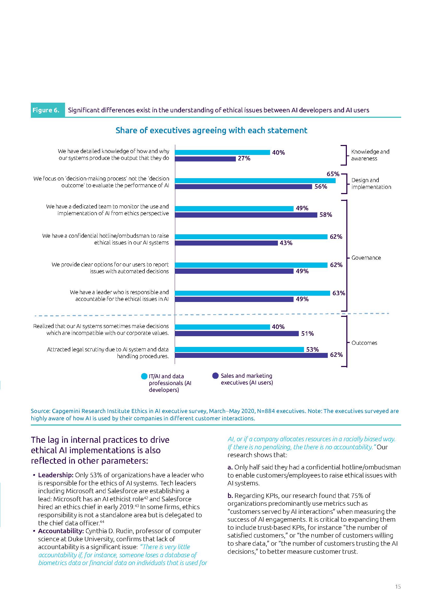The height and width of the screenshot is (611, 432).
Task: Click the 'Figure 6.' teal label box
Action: [48, 110]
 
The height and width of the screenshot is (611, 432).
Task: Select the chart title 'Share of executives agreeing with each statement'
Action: [212, 130]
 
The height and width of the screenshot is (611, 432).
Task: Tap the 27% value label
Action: [244, 159]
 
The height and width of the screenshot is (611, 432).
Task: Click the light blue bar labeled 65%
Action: [255, 181]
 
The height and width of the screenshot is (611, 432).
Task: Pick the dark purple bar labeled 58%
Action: [246, 215]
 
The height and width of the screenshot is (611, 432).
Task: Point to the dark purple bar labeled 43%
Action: [226, 243]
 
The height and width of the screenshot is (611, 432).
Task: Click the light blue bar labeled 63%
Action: [252, 293]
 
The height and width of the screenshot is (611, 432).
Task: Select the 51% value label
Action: [307, 333]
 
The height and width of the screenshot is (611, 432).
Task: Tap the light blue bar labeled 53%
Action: [239, 350]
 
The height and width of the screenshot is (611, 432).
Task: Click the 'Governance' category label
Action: [366, 258]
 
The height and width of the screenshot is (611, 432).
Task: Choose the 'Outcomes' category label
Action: [364, 343]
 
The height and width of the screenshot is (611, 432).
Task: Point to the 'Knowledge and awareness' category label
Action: [370, 155]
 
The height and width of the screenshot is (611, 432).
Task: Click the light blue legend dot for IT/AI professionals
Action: [144, 376]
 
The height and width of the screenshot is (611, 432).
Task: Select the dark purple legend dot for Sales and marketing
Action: [215, 376]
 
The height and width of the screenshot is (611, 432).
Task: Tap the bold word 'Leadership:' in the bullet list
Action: [56, 475]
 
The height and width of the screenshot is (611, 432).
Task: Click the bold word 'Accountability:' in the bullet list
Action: [61, 531]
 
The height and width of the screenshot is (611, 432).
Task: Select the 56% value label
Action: [320, 187]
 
